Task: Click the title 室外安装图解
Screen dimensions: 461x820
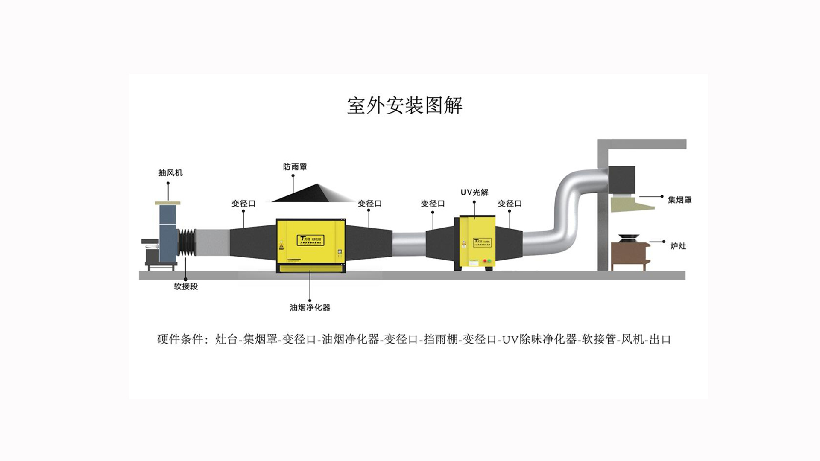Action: [x=404, y=105]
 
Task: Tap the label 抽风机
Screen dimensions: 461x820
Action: [x=170, y=173]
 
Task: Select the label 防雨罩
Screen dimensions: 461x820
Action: [x=295, y=167]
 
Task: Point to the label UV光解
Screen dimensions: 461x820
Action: [x=474, y=193]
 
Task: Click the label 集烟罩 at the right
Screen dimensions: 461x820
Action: [x=679, y=200]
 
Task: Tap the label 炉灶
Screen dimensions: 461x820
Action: [x=678, y=246]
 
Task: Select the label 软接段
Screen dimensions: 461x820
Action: [x=186, y=286]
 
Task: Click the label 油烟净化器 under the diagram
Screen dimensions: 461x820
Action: [x=310, y=307]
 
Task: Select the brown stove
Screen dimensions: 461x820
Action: [x=628, y=255]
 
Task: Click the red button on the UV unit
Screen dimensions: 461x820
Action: [x=484, y=260]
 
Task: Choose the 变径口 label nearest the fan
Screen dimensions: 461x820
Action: [x=243, y=204]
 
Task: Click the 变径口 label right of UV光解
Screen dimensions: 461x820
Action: [x=510, y=204]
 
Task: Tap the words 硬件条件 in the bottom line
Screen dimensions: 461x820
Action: [x=180, y=340]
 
